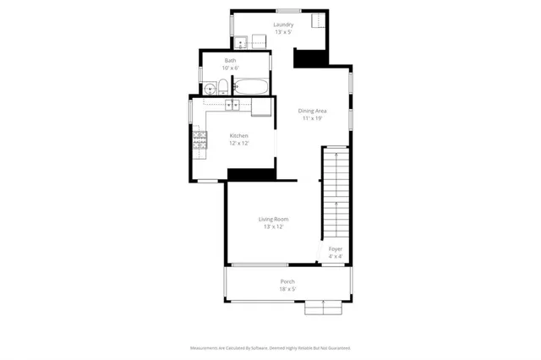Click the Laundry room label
(283, 25)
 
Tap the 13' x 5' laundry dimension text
(283, 32)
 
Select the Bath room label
(230, 61)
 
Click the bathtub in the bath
(251, 86)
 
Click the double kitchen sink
(233, 105)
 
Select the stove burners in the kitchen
(199, 141)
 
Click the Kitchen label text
(239, 136)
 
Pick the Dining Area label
(313, 111)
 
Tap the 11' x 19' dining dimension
(313, 118)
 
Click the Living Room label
(273, 219)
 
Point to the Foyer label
(335, 249)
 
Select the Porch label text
(287, 281)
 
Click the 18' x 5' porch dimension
(287, 289)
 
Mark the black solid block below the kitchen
(251, 174)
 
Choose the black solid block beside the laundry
(309, 57)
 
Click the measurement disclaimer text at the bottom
(270, 347)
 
